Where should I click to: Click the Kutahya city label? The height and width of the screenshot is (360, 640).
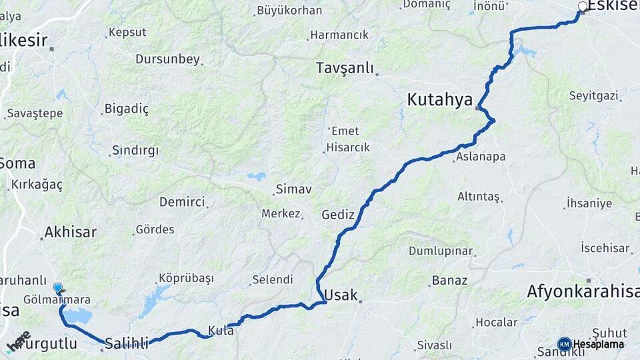point(441,100)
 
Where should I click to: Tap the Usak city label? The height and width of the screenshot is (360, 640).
point(341,295)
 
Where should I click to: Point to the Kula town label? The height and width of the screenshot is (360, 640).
point(221,329)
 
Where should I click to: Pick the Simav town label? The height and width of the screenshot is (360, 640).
point(294,189)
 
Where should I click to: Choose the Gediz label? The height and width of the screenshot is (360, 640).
point(337,215)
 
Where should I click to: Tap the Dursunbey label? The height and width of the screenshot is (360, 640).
point(167,59)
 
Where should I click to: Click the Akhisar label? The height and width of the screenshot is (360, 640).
point(69,233)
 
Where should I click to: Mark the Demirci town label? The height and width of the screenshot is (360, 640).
point(181,202)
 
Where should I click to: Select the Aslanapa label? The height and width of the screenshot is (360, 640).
point(481,157)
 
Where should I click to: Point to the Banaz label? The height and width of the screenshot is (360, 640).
point(450,280)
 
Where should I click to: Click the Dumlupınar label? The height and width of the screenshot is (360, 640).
point(441,251)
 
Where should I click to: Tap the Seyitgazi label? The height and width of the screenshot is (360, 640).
point(593,96)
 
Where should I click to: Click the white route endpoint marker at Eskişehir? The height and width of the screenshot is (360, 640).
point(583,7)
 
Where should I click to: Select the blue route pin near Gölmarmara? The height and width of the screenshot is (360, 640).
point(58,288)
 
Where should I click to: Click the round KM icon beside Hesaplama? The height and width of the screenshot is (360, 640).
point(564,343)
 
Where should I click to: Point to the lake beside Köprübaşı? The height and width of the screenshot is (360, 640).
point(153,300)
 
